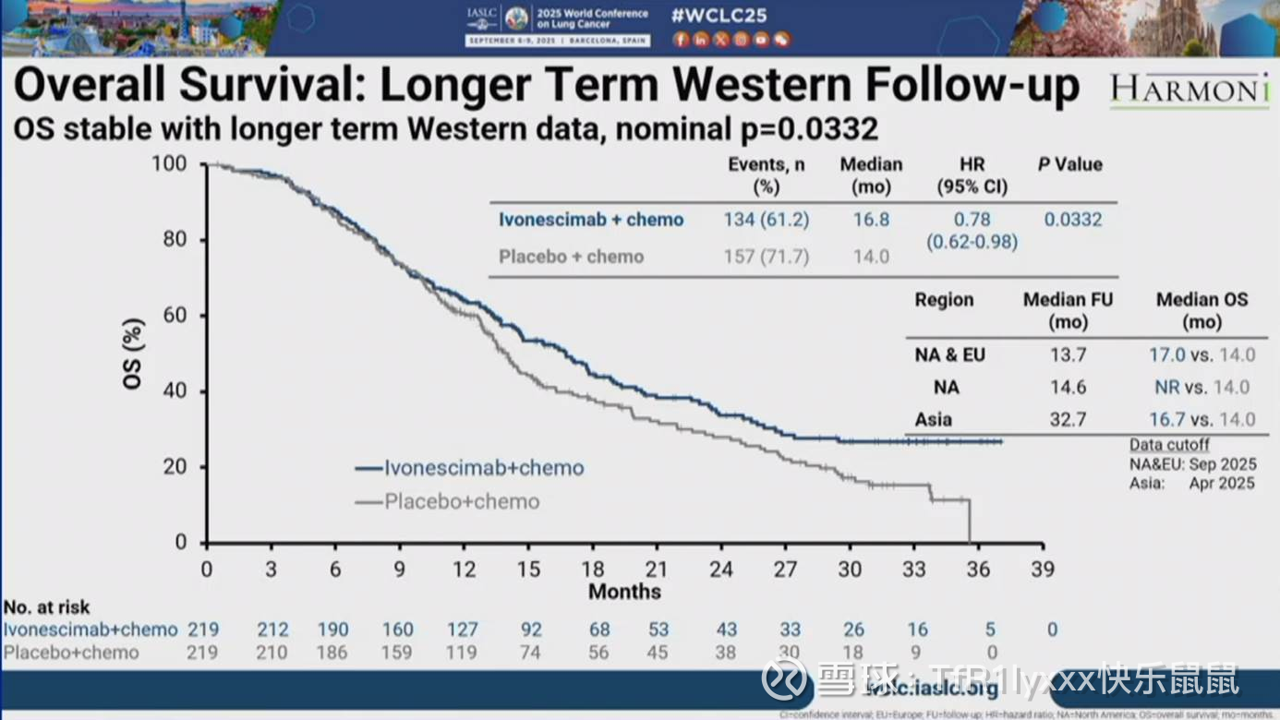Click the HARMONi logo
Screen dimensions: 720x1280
point(1190,89)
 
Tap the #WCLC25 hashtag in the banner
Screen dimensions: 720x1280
point(720,16)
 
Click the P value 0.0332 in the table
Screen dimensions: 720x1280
point(1073,220)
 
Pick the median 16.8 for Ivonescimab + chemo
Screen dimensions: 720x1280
point(871,220)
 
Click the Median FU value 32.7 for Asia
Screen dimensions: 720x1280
point(1067,419)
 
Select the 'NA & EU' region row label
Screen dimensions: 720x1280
point(949,354)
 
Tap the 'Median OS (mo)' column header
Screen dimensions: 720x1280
point(1202,310)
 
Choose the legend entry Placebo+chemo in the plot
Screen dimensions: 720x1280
point(462,502)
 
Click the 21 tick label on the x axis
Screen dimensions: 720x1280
point(656,569)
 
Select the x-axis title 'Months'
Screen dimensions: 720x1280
point(624,591)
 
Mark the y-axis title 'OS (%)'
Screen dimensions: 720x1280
point(135,354)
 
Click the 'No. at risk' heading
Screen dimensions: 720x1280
point(47,607)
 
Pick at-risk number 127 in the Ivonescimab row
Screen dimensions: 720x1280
point(463,630)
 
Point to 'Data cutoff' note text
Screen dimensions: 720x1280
point(1169,445)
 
